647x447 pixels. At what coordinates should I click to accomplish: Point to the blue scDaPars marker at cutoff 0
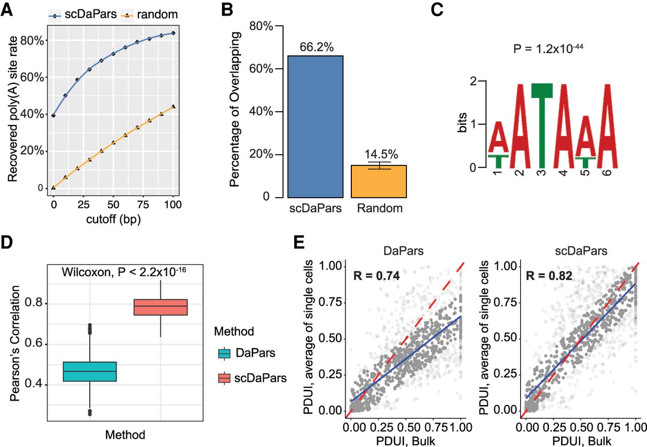53,116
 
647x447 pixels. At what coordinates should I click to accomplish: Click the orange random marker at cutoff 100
173,107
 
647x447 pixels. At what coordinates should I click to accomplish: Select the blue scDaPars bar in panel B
315,126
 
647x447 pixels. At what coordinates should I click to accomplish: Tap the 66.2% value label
315,48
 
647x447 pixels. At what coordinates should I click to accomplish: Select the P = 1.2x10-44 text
541,49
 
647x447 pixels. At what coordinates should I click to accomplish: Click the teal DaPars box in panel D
89,372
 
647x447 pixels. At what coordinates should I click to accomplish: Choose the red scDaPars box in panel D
160,307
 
